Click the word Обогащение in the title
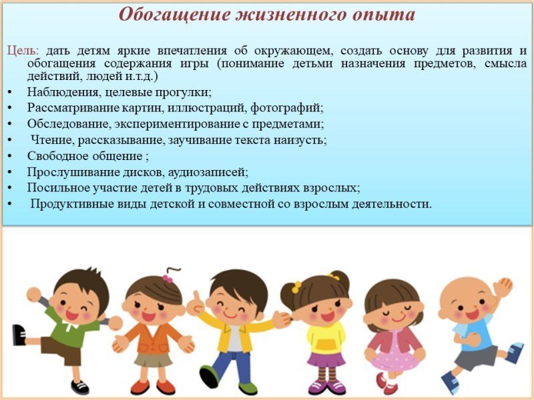pos(174,14)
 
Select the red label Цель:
pos(23,51)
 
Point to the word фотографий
pos(287,109)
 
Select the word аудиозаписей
pos(208,173)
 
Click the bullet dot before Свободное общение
pos(9,157)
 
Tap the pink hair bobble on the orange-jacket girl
pos(168,279)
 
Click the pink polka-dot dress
pos(395,354)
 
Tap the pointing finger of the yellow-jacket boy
pos(196,295)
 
